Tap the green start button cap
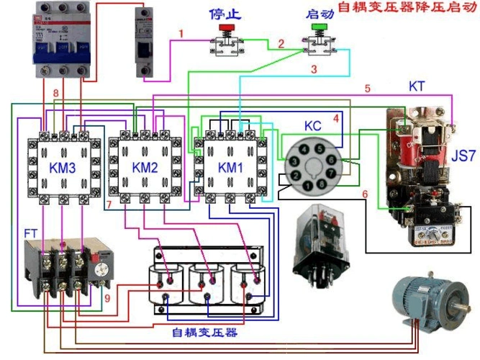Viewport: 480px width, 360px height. coord(317,29)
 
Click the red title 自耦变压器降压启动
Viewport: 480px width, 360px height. coord(408,9)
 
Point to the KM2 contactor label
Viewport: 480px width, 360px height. coord(145,168)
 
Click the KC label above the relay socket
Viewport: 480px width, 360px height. coord(312,125)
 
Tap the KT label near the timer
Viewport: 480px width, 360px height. coord(417,86)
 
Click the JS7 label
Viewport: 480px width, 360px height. coord(461,155)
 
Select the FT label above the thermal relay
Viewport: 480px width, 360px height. coord(30,233)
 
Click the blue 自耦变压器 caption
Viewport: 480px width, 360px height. coord(204,333)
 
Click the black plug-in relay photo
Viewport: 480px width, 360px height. coord(322,241)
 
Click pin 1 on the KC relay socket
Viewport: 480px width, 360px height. coord(307,185)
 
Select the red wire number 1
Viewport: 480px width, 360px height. coord(181,33)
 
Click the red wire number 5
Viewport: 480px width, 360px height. coord(367,89)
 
